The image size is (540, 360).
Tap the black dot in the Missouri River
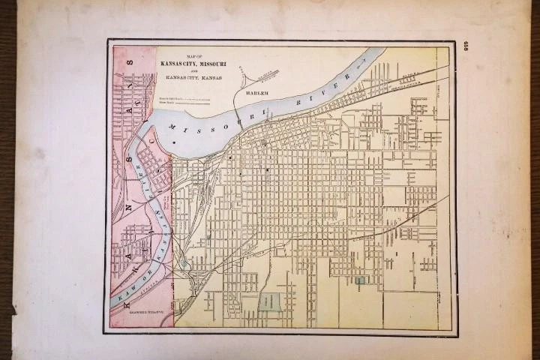pos(173,142)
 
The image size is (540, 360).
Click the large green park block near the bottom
pos(270,301)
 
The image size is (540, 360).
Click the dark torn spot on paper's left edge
pos(13,308)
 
